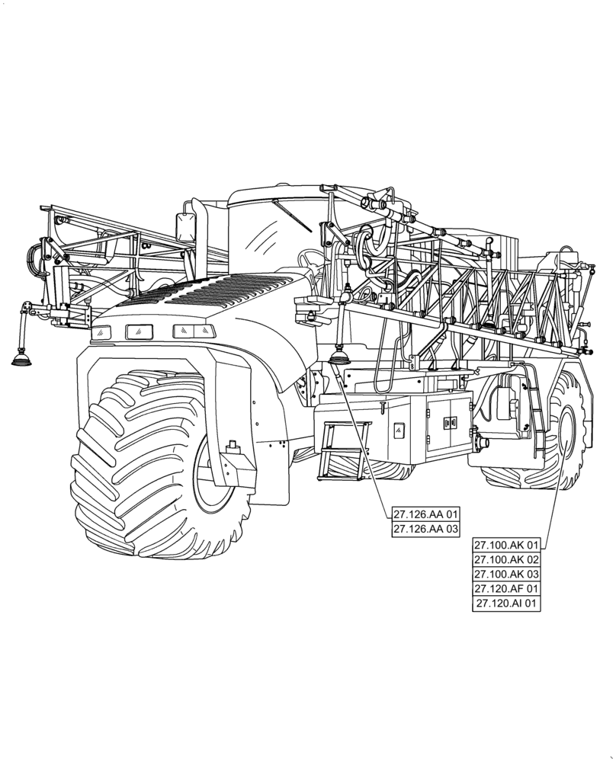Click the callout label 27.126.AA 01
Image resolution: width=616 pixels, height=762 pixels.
click(426, 514)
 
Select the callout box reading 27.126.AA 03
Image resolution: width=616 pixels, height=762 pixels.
click(426, 529)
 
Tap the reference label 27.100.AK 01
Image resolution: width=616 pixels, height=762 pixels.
click(506, 545)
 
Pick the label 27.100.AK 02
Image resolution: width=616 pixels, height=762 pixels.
click(506, 559)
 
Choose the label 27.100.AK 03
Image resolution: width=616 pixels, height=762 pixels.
click(506, 574)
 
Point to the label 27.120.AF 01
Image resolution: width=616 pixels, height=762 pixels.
click(506, 588)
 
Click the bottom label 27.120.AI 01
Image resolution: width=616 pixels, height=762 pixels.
click(506, 604)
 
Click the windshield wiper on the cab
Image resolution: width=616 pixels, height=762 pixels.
click(291, 217)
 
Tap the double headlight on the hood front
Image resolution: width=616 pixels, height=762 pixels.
click(194, 331)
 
